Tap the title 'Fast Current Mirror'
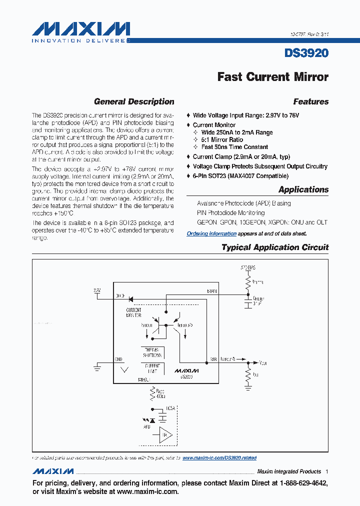[272, 76]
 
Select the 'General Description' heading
[134, 101]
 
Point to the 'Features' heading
[310, 101]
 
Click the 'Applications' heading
[303, 189]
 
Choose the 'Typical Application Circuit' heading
[274, 247]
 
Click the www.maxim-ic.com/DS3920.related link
[219, 457]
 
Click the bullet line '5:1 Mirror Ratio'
[222, 140]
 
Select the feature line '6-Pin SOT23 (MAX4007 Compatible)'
[240, 176]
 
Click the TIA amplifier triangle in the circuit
[165, 434]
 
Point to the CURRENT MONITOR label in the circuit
[133, 313]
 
